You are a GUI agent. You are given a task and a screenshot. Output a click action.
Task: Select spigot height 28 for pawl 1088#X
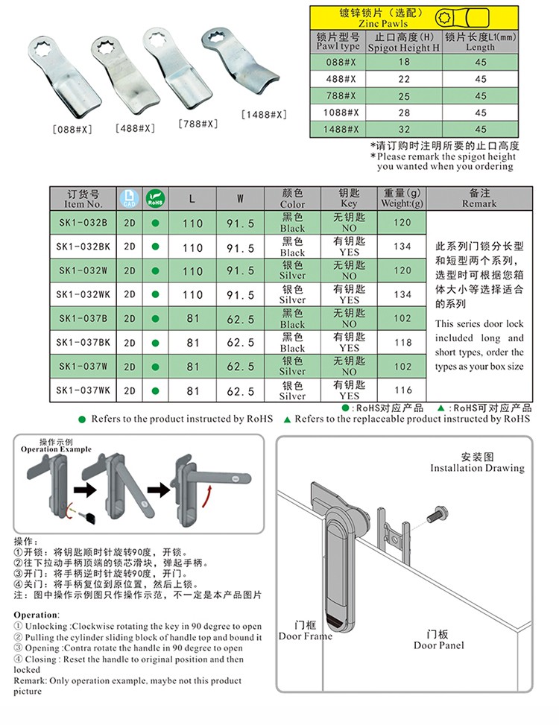point(405,113)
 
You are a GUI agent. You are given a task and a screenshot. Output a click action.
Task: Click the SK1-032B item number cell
point(83,222)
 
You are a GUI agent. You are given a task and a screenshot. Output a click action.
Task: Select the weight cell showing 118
point(402,343)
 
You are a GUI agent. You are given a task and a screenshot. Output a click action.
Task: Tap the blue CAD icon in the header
point(129,198)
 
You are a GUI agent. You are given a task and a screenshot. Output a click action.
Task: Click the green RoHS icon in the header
point(155,198)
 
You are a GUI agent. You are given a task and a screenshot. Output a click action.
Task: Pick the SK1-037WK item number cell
point(83,390)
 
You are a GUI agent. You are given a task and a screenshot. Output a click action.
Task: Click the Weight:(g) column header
point(402,198)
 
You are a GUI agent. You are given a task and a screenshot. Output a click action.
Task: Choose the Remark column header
point(479,198)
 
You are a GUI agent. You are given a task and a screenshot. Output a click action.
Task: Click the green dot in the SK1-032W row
point(155,270)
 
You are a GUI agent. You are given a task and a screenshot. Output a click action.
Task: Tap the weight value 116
point(402,390)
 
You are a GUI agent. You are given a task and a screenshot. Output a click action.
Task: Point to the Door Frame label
point(305,631)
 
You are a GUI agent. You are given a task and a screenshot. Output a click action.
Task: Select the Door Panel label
point(439,639)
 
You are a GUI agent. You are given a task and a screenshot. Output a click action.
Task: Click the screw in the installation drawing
point(435,514)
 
